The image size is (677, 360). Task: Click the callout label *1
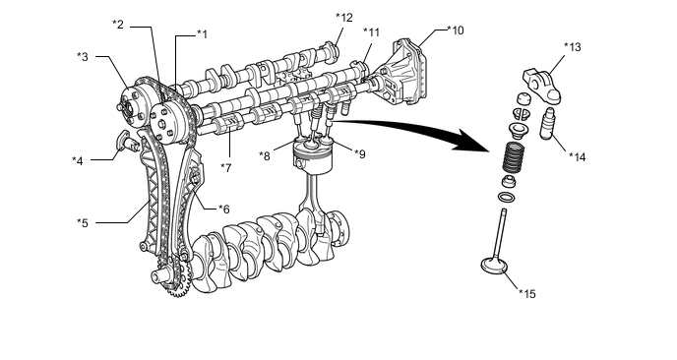202,34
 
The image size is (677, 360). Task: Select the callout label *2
117,25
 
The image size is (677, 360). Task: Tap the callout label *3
83,56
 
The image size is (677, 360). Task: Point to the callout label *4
78,161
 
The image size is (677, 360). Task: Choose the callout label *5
83,223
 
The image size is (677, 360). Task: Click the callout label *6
223,210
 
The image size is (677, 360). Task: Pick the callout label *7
226,168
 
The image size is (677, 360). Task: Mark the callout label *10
456,30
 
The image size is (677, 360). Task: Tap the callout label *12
344,18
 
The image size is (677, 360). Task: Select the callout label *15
527,294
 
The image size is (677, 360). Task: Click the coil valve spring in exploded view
513,157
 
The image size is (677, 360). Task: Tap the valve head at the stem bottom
494,265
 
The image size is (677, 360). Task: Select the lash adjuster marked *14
547,124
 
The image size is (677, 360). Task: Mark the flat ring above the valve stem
506,198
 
